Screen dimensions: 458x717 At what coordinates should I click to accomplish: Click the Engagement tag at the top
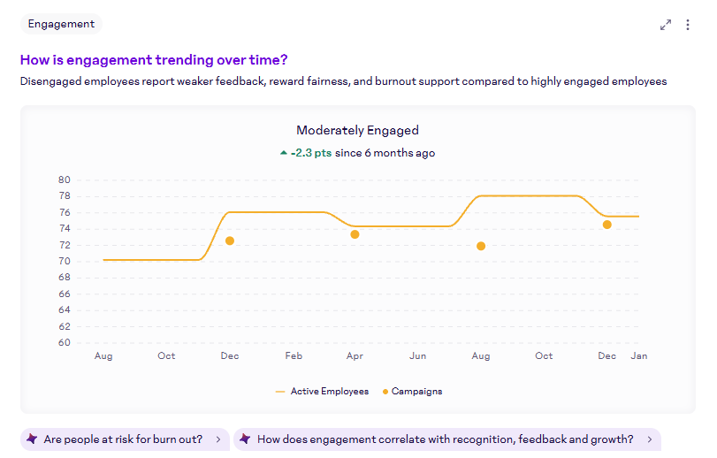pyautogui.click(x=61, y=24)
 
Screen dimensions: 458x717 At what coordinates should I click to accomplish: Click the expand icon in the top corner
pyautogui.click(x=666, y=25)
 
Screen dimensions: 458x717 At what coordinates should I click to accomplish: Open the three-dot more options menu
pyautogui.click(x=688, y=25)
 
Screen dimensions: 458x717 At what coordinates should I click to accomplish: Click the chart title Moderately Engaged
pyautogui.click(x=357, y=130)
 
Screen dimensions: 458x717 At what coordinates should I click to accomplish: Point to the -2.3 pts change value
pyautogui.click(x=311, y=153)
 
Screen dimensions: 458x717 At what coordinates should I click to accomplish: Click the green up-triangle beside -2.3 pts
pyautogui.click(x=284, y=153)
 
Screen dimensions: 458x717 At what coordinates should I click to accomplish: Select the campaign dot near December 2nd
pyautogui.click(x=230, y=240)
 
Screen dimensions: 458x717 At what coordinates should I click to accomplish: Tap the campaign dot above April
pyautogui.click(x=355, y=234)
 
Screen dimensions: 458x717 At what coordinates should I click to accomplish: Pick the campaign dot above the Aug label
pyautogui.click(x=481, y=246)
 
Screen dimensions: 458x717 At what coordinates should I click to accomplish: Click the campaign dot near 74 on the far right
pyautogui.click(x=607, y=225)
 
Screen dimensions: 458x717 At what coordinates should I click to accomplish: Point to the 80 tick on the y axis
pyautogui.click(x=65, y=179)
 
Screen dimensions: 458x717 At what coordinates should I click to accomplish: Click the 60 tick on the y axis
pyautogui.click(x=65, y=343)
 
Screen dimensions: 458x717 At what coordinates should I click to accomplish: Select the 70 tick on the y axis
pyautogui.click(x=65, y=261)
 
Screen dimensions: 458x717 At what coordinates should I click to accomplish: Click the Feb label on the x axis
pyautogui.click(x=294, y=355)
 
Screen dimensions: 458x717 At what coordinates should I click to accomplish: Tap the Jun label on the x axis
pyautogui.click(x=418, y=355)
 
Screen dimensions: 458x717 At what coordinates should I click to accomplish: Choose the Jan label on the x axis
pyautogui.click(x=639, y=355)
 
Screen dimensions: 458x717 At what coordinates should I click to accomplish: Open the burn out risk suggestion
pyautogui.click(x=123, y=439)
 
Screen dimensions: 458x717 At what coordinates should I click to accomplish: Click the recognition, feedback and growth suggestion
pyautogui.click(x=446, y=439)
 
